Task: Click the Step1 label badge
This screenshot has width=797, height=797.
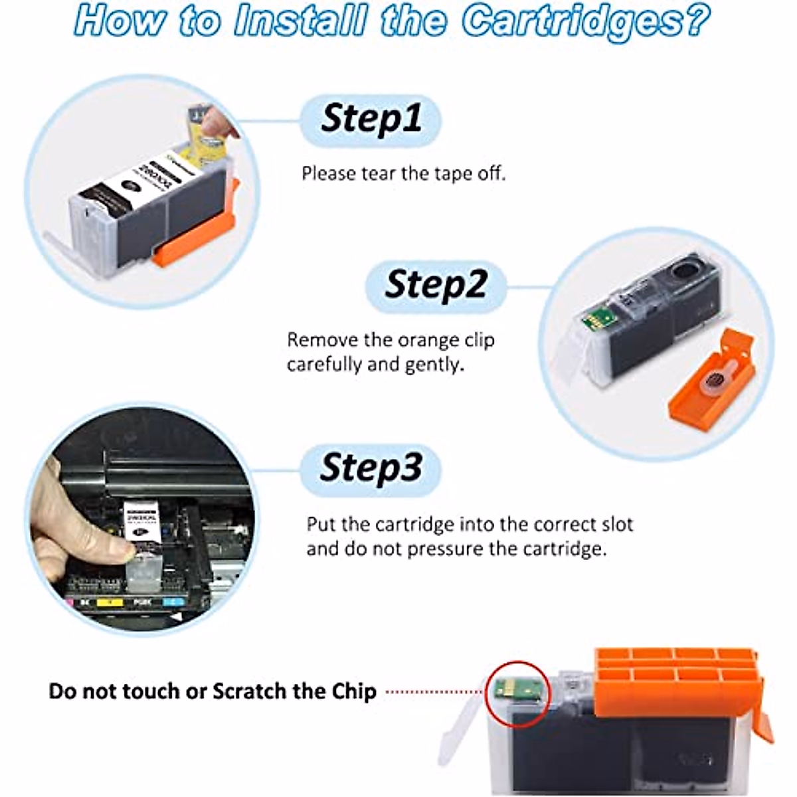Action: [x=371, y=120]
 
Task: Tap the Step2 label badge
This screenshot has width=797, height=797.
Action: [x=436, y=286]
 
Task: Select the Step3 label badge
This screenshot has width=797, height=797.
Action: [x=371, y=468]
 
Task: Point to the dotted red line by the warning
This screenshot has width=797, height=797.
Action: [x=435, y=691]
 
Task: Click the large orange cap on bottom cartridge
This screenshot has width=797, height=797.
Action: [x=677, y=681]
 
